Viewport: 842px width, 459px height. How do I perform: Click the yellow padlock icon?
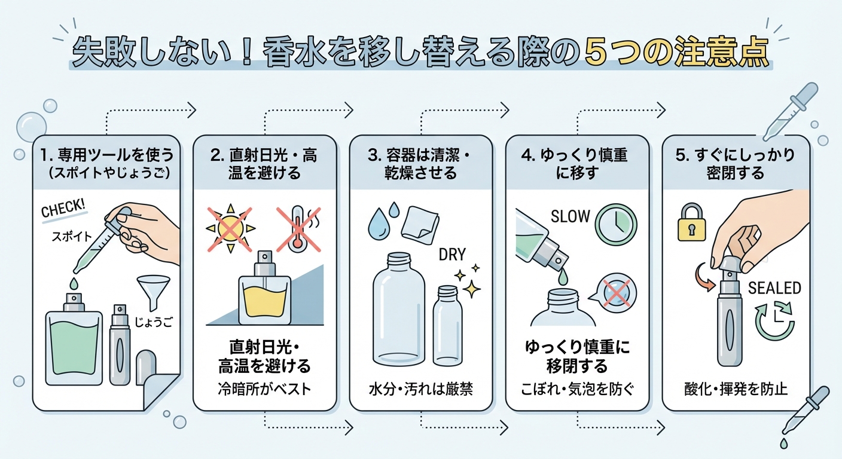(x=691, y=222)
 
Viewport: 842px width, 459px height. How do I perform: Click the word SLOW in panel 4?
(x=570, y=216)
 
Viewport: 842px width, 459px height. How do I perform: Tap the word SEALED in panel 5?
(x=774, y=288)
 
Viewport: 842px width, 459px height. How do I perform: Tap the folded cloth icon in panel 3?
(x=419, y=225)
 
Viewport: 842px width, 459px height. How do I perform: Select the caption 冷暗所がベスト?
(x=264, y=389)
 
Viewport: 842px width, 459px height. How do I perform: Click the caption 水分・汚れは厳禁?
(x=421, y=389)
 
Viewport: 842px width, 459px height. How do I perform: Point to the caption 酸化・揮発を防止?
(x=736, y=389)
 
